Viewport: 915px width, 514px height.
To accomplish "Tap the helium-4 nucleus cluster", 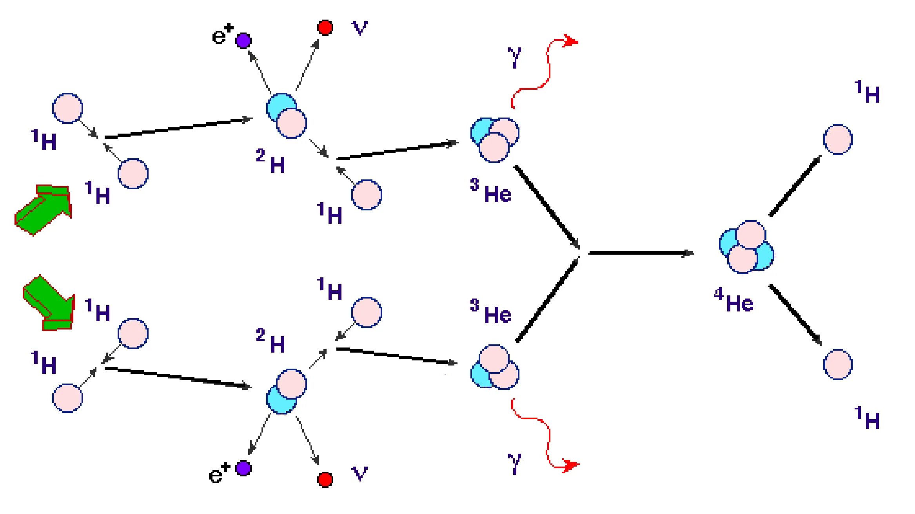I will pyautogui.click(x=746, y=247).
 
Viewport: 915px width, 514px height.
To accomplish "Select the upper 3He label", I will pyautogui.click(x=491, y=191).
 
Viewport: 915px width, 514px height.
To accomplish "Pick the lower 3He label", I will pyautogui.click(x=491, y=312).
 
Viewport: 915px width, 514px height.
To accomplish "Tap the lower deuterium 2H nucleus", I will pyautogui.click(x=287, y=391).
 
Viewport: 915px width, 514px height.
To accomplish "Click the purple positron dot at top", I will pyautogui.click(x=243, y=40).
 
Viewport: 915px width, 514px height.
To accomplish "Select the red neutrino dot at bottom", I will pyautogui.click(x=325, y=479).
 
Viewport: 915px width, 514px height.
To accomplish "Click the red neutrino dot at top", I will pyautogui.click(x=325, y=27).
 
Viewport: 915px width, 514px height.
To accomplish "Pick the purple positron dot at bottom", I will pyautogui.click(x=243, y=468).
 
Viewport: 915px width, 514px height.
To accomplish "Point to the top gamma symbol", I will pyautogui.click(x=515, y=57).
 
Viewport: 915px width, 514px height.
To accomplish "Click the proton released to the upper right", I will pyautogui.click(x=838, y=139).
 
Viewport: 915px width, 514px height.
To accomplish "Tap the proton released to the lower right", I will pyautogui.click(x=838, y=364).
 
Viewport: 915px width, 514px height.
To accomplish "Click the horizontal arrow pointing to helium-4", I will pyautogui.click(x=641, y=253).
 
